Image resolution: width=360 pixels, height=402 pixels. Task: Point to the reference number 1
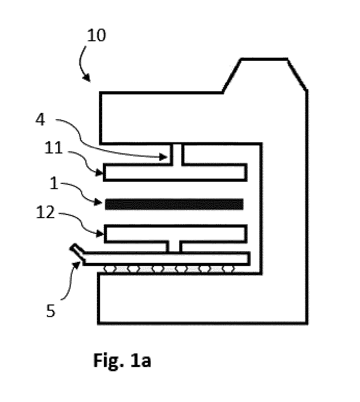[54, 184]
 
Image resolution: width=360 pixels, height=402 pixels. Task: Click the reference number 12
[45, 212]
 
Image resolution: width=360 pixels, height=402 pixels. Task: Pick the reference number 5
[50, 311]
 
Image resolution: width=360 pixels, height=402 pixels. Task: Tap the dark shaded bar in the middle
[174, 204]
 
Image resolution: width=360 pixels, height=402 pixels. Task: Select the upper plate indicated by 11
[175, 172]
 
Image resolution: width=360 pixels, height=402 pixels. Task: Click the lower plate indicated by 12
[176, 234]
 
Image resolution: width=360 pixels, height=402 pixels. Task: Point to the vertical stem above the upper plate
[177, 154]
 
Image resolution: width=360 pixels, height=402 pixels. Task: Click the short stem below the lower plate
[174, 247]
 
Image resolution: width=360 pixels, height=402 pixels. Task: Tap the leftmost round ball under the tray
[110, 269]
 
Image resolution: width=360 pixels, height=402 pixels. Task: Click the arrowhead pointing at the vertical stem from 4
[163, 156]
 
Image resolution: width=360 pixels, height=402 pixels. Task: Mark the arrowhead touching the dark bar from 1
[98, 202]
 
